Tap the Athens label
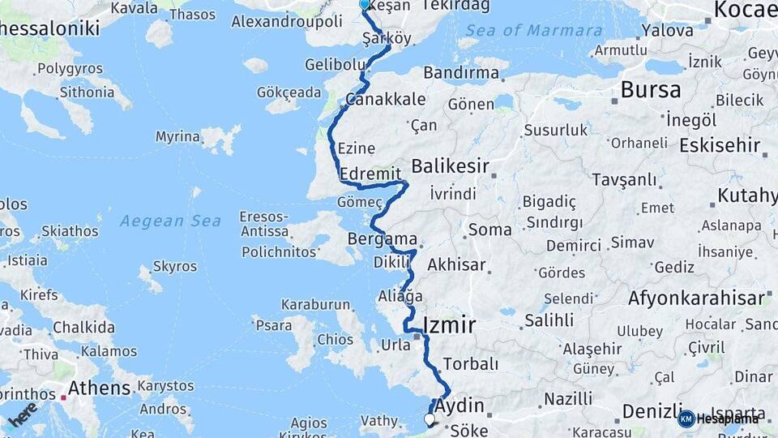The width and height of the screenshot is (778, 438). coord(99,389)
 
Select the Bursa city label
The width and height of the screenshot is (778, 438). coord(651,89)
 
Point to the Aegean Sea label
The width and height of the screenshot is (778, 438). coord(170,221)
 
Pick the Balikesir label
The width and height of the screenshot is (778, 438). coord(450,166)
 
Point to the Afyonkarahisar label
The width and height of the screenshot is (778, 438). coord(695,297)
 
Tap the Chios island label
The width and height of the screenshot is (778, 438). coord(335,339)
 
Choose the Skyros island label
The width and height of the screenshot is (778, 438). coord(174,266)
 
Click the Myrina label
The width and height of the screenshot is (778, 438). coord(177,136)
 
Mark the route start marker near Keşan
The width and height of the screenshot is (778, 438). coord(364,4)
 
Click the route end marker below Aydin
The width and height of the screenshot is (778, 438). coord(429,419)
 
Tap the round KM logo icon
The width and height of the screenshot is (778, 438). coord(686,419)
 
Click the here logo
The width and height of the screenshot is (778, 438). coord(24,414)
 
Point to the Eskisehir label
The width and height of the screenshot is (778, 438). coord(720,145)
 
